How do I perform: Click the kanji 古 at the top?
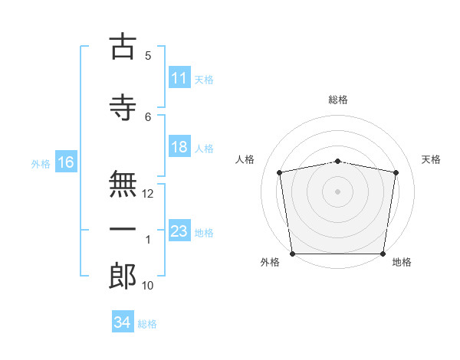coord(123,46)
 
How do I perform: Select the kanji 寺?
coord(123,107)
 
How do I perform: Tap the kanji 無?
coord(123,184)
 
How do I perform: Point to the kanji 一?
coord(123,229)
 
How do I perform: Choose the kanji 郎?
coord(123,276)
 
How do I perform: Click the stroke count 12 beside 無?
coord(147,194)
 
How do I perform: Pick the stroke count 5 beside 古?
coord(148,56)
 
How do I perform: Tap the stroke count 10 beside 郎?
coord(147,286)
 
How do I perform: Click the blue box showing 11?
coord(179,77)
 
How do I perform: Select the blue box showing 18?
coord(179,146)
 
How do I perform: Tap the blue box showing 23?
coord(179,230)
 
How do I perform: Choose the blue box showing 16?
coord(66,162)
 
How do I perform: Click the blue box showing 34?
coord(123,321)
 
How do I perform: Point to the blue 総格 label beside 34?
coord(147,324)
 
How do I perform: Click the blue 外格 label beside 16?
coord(41,164)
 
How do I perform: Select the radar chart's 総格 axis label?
coord(338,100)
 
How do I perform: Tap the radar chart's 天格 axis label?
coord(431,159)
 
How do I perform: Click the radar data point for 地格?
coord(383,254)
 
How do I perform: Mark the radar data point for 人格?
coord(279,172)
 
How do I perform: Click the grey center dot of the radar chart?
coord(337,191)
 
